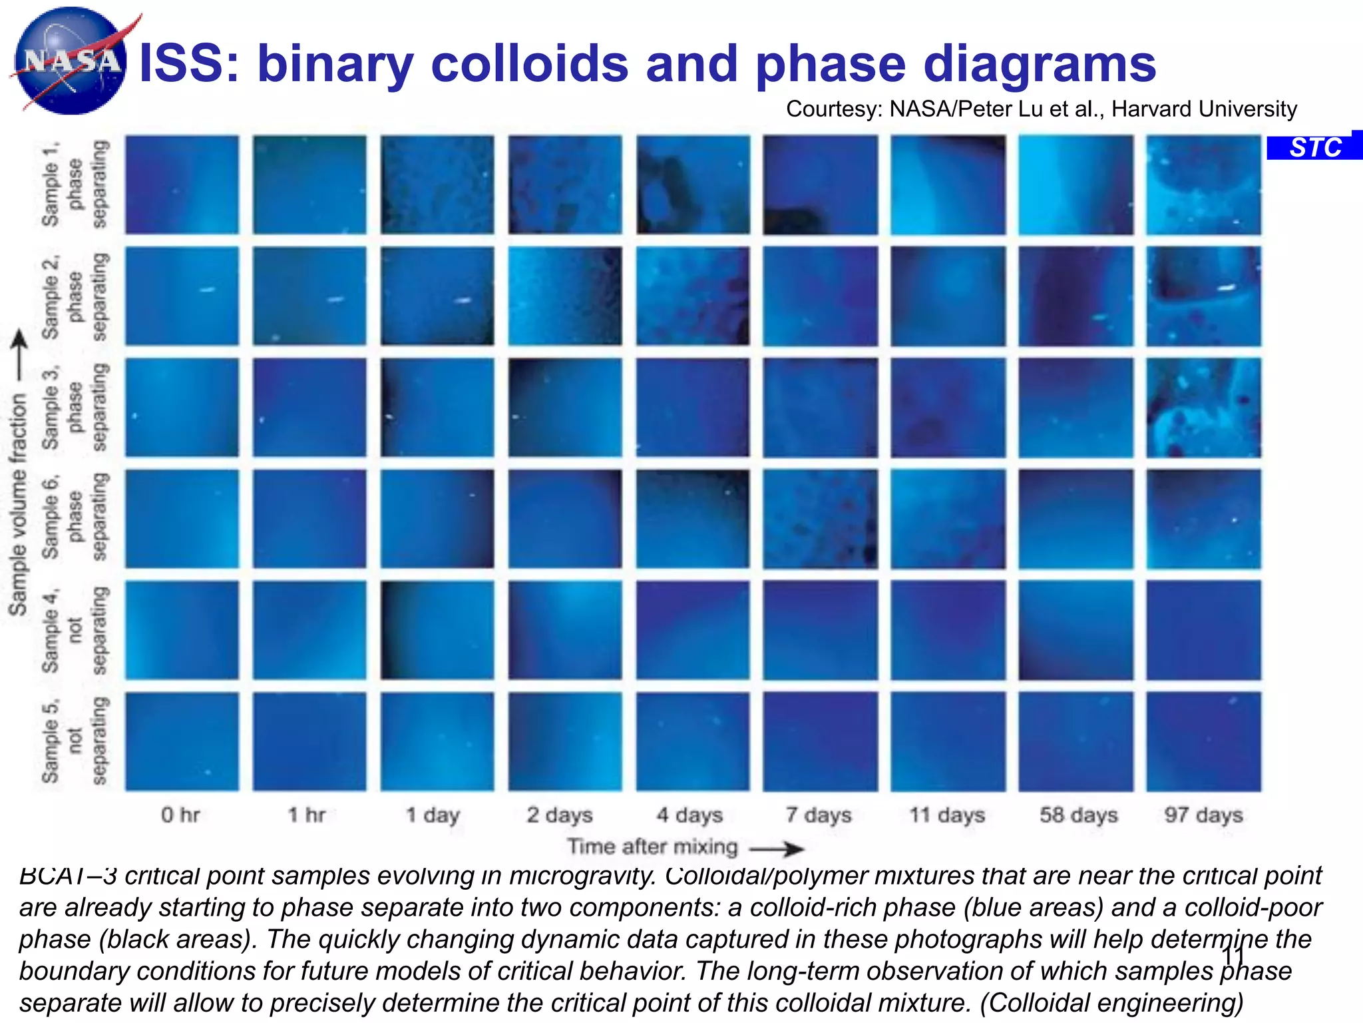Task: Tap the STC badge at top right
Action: [x=1315, y=147]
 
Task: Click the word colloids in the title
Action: [x=529, y=63]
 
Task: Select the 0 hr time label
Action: [x=180, y=814]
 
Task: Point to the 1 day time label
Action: [x=433, y=814]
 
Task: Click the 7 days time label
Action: [x=818, y=814]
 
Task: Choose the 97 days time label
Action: [x=1203, y=814]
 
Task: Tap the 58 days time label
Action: [x=1078, y=814]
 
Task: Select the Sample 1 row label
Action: [x=73, y=184]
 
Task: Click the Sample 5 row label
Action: [x=73, y=741]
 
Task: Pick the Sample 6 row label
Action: [x=73, y=517]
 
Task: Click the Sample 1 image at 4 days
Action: [x=692, y=184]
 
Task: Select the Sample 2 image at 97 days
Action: [x=1203, y=296]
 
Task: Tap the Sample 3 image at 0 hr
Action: [x=182, y=407]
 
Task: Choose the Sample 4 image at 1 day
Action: [x=437, y=629]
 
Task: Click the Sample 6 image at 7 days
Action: [x=820, y=518]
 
